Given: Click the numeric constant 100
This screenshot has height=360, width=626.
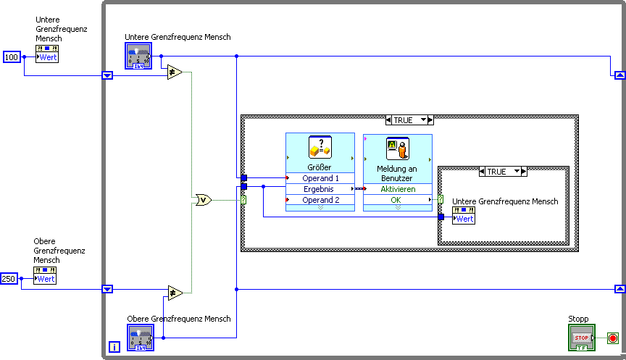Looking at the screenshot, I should (12, 56).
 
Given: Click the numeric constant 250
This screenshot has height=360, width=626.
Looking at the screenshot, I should (9, 279).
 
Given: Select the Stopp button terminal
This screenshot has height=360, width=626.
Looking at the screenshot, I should (581, 338).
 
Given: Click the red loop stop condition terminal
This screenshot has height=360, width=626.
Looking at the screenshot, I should (612, 338).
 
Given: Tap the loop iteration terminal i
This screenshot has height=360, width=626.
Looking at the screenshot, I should (114, 347).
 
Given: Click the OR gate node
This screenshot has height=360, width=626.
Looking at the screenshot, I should (204, 200).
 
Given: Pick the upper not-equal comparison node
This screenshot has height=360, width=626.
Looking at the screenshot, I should (175, 72).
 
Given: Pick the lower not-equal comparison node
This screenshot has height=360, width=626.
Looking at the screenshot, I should (175, 293).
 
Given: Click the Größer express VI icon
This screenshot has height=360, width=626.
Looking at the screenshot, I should (320, 148).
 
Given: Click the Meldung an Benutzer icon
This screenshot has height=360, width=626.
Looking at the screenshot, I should (397, 148).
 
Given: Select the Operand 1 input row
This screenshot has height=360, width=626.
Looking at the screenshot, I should (320, 178).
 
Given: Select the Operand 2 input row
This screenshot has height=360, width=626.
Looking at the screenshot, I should (320, 200).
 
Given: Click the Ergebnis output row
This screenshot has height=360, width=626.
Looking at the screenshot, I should (320, 189).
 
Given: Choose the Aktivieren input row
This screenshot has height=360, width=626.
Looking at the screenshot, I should (398, 189).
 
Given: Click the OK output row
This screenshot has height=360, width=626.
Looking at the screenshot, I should (398, 200).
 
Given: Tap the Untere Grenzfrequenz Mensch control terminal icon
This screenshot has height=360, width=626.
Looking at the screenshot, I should (138, 56).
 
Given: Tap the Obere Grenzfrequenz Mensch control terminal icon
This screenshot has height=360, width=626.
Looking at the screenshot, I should (141, 338).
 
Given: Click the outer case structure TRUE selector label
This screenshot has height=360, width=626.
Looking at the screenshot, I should (408, 120).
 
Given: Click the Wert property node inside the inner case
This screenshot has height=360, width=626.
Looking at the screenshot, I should (464, 216).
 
